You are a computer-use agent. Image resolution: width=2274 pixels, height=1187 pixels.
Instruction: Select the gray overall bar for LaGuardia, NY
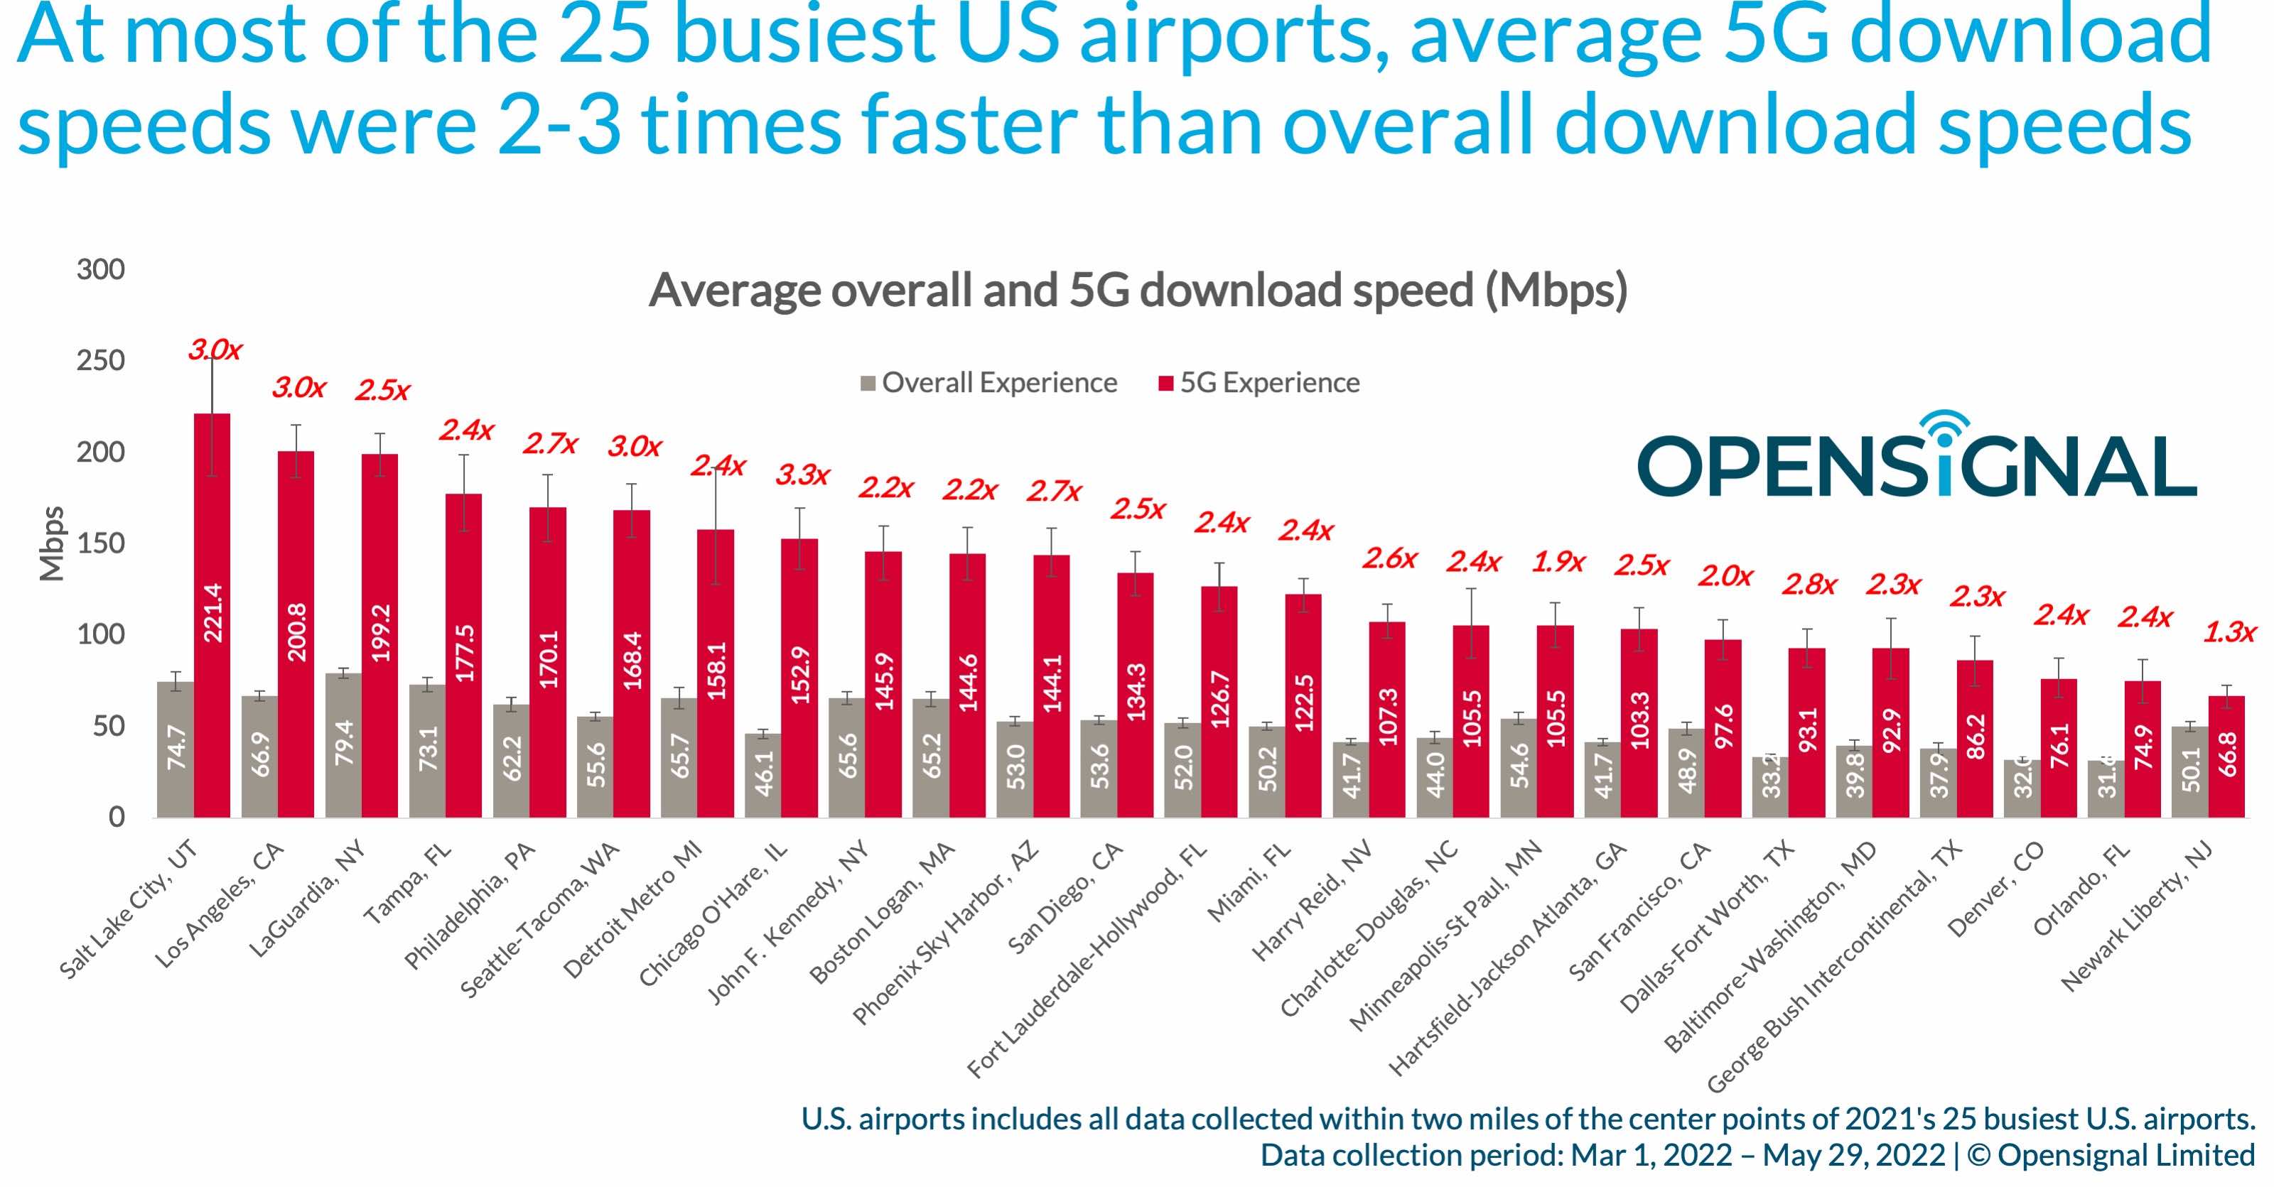(343, 745)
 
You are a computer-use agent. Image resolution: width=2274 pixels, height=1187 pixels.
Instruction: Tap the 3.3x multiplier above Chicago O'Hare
(802, 477)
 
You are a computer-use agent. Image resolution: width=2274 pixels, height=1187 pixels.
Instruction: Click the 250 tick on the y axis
(101, 361)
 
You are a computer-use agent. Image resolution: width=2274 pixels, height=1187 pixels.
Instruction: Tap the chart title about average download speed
(1137, 291)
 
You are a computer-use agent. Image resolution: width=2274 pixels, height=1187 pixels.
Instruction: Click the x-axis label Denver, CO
(1995, 889)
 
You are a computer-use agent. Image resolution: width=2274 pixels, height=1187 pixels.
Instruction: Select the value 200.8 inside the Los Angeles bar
(296, 632)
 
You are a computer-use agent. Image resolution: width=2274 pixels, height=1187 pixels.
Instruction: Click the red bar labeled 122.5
(1303, 705)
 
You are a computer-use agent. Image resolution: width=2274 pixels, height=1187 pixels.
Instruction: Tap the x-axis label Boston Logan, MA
(883, 913)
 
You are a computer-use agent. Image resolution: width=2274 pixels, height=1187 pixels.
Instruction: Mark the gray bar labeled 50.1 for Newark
(2189, 771)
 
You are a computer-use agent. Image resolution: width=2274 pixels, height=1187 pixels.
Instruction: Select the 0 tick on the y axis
(117, 817)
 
